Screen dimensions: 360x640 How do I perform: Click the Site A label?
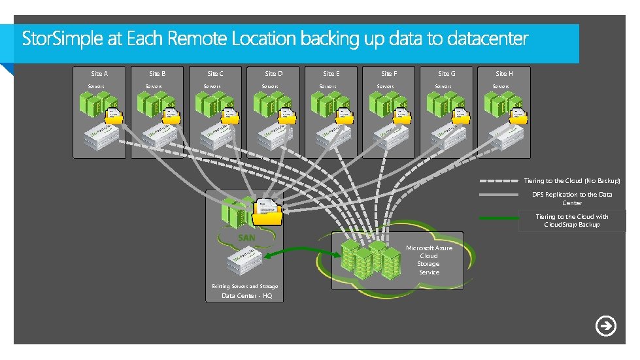point(99,74)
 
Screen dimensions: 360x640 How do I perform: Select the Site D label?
point(274,74)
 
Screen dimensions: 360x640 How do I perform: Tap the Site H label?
point(504,74)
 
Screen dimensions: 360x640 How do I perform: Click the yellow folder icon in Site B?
point(171,115)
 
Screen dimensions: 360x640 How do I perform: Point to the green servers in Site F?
point(383,104)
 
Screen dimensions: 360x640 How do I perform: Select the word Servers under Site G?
point(443,86)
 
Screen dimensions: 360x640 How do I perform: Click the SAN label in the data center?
point(246,238)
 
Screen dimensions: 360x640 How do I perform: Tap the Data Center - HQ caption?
point(246,296)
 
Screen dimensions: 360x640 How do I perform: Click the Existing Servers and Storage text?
point(244,286)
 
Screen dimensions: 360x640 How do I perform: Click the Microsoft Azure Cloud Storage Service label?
point(429,260)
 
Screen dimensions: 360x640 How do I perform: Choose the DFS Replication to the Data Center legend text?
point(572,199)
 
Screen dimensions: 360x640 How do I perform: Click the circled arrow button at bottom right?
point(606,326)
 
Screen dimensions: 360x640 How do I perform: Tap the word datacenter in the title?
point(487,39)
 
